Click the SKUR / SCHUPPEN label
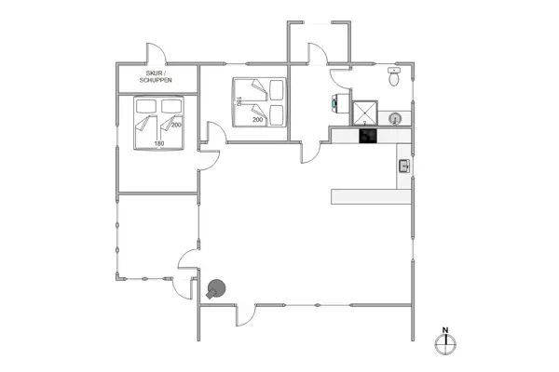157,76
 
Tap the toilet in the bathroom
394,79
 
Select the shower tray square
364,113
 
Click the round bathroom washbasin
394,119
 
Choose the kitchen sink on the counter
404,166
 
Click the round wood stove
219,289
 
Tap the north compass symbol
445,344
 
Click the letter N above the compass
445,330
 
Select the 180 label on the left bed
158,143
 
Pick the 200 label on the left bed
175,125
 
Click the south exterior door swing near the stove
246,314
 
